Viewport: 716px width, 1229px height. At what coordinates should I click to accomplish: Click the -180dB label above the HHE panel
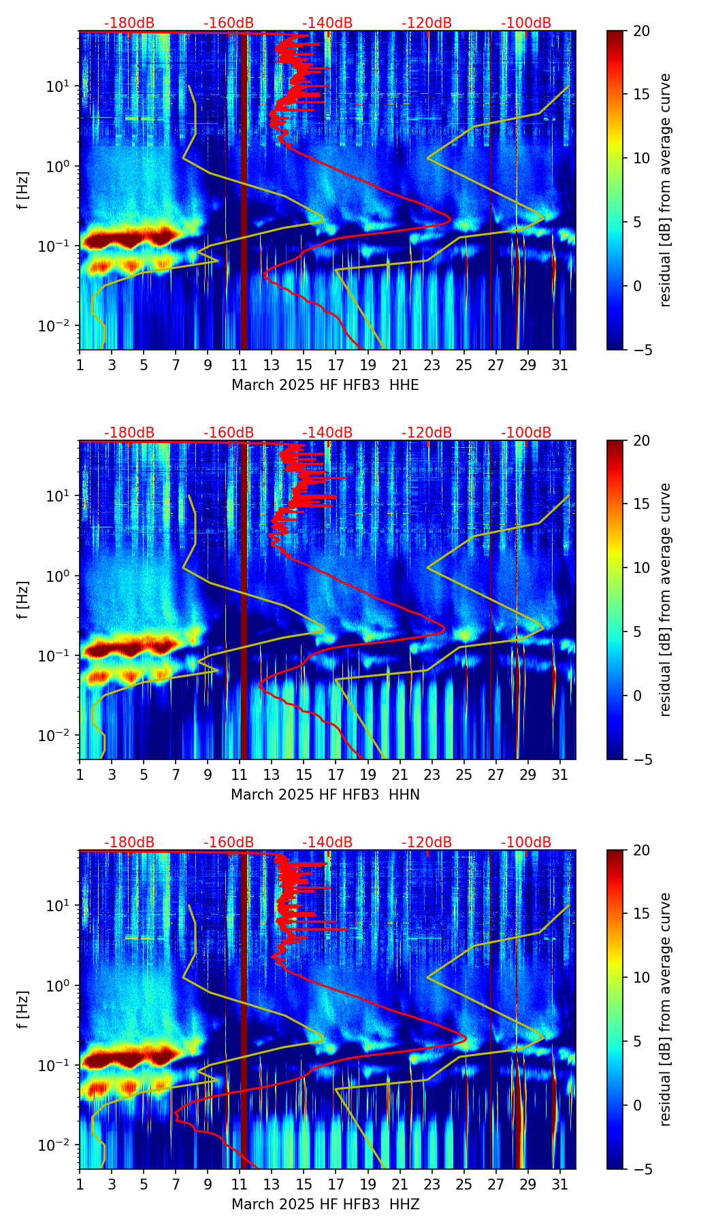129,23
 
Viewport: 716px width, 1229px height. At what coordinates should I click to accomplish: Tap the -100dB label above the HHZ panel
526,842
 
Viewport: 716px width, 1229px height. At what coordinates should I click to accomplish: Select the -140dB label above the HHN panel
327,433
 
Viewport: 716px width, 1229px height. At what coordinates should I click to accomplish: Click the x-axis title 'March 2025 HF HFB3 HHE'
325,385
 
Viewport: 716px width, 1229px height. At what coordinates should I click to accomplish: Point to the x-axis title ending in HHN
325,795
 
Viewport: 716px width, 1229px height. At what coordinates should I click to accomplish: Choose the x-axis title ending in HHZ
325,1205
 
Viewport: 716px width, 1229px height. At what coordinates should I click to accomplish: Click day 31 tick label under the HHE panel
559,365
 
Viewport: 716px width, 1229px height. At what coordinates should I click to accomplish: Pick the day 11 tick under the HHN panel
240,774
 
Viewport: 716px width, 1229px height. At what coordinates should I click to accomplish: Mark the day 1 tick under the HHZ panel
80,1184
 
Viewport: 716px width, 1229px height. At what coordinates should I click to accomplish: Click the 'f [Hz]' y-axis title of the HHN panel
23,600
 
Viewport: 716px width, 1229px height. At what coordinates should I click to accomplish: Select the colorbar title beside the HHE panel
666,190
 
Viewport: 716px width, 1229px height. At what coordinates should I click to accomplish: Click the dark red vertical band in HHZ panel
244,1021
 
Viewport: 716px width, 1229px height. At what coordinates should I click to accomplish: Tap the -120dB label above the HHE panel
427,23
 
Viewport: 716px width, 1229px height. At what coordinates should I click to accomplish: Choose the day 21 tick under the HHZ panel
400,1184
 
